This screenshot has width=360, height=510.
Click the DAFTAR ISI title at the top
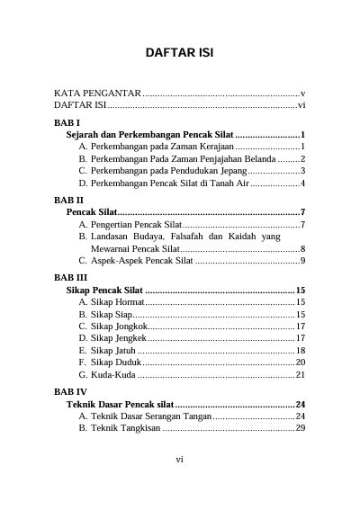(179, 53)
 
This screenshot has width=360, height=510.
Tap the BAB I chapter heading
(67, 121)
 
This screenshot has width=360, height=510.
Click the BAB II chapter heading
(69, 200)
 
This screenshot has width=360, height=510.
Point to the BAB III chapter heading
(70, 278)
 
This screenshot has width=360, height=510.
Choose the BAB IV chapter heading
(70, 393)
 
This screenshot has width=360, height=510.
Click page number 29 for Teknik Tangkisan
(301, 429)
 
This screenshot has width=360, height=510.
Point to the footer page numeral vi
(179, 459)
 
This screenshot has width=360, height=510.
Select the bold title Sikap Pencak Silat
(104, 291)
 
